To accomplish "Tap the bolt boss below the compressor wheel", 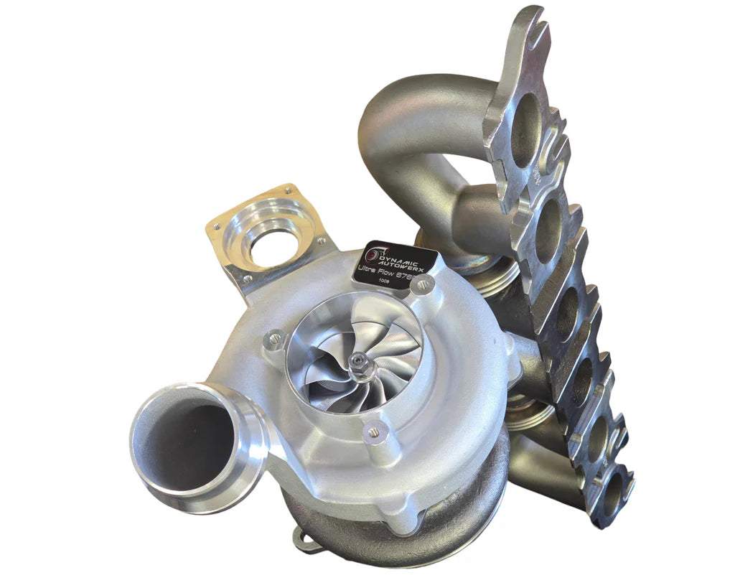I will coord(373,431).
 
